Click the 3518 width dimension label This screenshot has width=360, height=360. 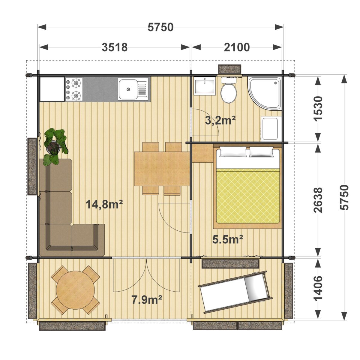point(115,47)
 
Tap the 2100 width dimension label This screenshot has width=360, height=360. point(237,47)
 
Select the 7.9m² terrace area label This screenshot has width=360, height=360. point(147,300)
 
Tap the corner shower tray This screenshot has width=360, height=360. point(265,93)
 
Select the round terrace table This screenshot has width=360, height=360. point(76,290)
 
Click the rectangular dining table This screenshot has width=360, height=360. point(162,169)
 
